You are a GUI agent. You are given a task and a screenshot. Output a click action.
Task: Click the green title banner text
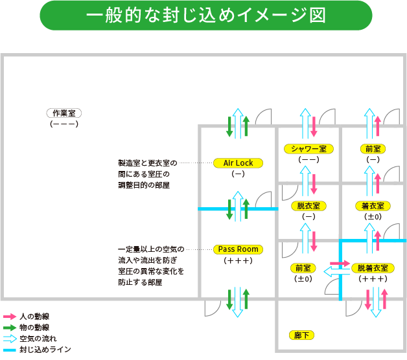(x=205, y=16)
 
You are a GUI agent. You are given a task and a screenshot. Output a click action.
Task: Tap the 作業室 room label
(x=64, y=113)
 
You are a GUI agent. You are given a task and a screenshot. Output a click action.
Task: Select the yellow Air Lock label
(x=238, y=163)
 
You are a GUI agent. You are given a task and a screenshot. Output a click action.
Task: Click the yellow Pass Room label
(x=238, y=249)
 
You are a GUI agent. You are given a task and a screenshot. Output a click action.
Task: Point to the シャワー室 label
(x=308, y=149)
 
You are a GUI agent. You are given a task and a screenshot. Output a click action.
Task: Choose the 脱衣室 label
(x=308, y=206)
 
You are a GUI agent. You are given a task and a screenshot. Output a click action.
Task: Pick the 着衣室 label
(x=373, y=206)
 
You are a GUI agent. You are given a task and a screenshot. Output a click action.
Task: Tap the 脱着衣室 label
(x=373, y=267)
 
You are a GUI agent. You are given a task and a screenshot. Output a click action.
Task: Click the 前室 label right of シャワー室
(x=373, y=149)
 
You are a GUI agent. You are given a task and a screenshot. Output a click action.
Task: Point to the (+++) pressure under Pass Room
(x=238, y=260)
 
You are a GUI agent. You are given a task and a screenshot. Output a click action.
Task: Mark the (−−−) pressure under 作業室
(x=64, y=123)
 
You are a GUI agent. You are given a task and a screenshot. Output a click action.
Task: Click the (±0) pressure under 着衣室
(x=373, y=216)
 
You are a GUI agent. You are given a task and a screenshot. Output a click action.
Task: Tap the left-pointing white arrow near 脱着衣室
(x=336, y=272)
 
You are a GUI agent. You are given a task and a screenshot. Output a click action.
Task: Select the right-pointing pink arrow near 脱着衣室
(x=340, y=264)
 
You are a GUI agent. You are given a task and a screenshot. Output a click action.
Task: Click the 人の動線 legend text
(x=35, y=317)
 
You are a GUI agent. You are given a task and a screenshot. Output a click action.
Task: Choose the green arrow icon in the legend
(x=10, y=328)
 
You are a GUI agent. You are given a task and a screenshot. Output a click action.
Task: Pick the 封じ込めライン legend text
(x=45, y=350)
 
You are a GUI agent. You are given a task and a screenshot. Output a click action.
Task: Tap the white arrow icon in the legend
(x=10, y=339)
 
